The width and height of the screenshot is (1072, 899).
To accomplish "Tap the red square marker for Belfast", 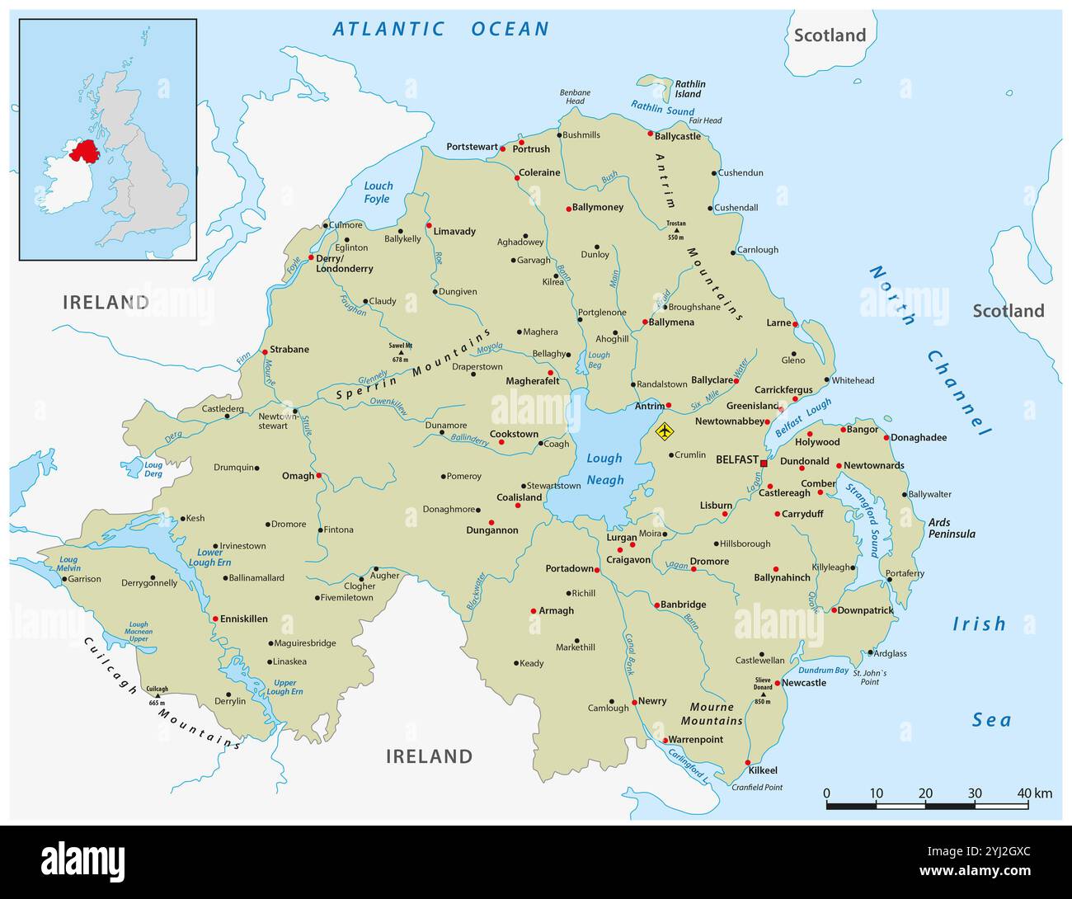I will tap(764, 464).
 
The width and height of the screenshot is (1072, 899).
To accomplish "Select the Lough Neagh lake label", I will tap(604, 469).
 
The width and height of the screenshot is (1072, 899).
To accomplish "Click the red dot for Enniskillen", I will tap(215, 619).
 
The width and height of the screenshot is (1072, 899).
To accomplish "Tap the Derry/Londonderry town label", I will tap(345, 263).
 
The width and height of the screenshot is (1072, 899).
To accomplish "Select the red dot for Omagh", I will tap(319, 475).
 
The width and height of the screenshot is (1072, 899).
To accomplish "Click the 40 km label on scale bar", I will tap(1034, 793).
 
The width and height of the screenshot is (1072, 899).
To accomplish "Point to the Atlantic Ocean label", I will tap(440, 29).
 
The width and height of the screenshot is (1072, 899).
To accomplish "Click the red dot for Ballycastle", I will tap(650, 134).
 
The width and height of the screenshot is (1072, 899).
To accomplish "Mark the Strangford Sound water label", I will tap(863, 520).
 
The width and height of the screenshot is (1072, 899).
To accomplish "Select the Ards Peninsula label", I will tap(951, 528).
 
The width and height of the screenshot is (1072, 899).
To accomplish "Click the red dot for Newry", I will tap(633, 702).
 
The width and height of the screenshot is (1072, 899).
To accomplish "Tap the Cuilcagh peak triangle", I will tap(157, 696).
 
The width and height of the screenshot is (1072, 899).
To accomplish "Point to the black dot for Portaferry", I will tap(889, 580).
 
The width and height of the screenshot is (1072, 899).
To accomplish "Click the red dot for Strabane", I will tap(265, 351).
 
